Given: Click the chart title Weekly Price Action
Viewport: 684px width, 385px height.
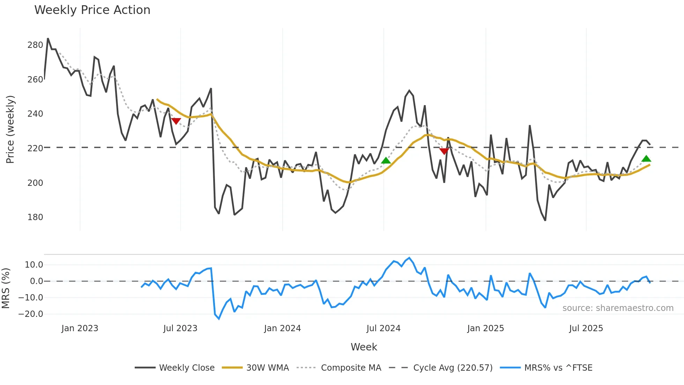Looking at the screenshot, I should click(x=92, y=10).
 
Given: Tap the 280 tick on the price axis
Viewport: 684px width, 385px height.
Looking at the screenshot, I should click(x=35, y=45).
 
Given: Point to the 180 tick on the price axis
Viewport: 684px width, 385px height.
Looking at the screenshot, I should click(x=35, y=217).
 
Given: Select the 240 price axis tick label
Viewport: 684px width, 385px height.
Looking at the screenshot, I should click(x=35, y=114).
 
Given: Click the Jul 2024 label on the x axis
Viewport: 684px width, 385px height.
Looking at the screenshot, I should click(x=383, y=328).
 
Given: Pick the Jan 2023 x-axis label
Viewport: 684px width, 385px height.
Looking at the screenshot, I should click(x=80, y=328).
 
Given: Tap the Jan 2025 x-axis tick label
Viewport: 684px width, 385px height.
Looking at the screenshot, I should click(x=485, y=328).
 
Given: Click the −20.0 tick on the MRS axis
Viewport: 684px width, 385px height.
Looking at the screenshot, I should click(x=31, y=314).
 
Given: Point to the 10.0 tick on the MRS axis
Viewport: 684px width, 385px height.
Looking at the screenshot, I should click(x=34, y=265).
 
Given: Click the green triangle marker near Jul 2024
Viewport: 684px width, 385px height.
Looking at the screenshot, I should click(x=386, y=161).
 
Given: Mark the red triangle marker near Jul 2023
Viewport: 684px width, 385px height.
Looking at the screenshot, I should click(x=176, y=121).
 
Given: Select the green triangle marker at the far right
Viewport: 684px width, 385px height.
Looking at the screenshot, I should click(x=646, y=159).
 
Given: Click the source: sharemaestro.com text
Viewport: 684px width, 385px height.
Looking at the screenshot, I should click(x=618, y=308).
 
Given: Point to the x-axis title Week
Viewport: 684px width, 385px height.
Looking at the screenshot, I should click(x=364, y=347).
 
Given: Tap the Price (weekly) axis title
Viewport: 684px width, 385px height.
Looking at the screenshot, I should click(x=10, y=129).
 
